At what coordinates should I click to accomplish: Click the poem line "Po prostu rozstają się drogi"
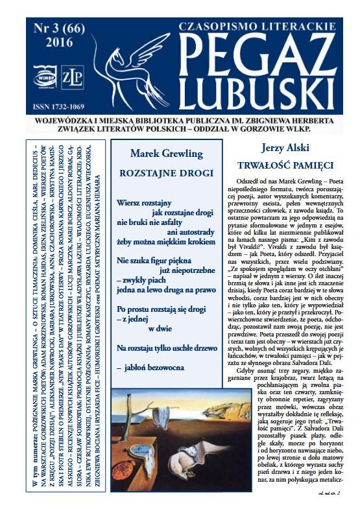click(163, 305)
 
